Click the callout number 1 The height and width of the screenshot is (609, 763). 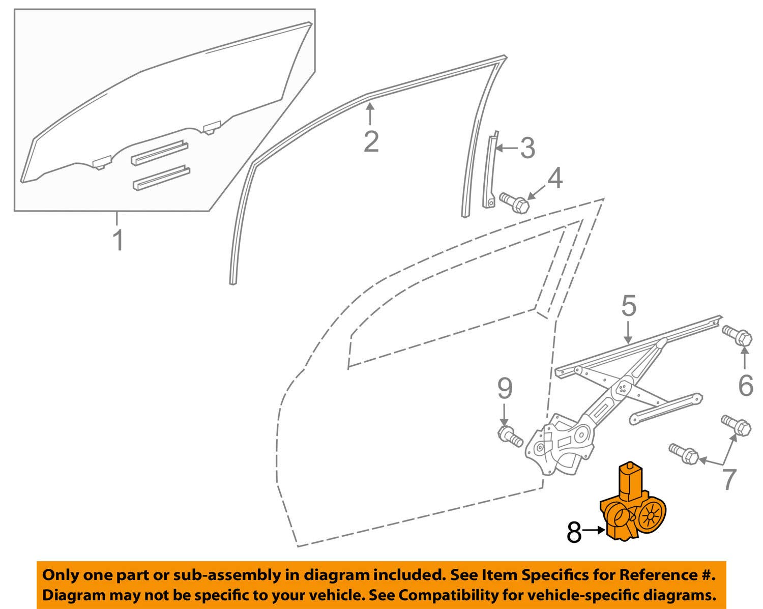pyautogui.click(x=118, y=240)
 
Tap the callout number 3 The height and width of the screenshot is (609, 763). pyautogui.click(x=526, y=148)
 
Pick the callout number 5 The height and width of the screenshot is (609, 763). pyautogui.click(x=629, y=307)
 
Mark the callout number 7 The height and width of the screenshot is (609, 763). pyautogui.click(x=729, y=479)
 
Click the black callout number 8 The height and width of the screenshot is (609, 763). pyautogui.click(x=574, y=532)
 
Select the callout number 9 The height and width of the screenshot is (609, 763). pyautogui.click(x=504, y=389)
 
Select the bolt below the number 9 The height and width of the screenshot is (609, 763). pyautogui.click(x=509, y=437)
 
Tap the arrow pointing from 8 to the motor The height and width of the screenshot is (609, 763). pyautogui.click(x=593, y=531)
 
